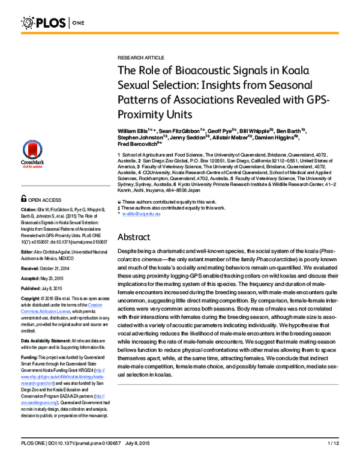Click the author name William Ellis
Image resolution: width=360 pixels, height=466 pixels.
(133, 130)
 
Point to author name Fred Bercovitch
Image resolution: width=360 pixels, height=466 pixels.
(140, 144)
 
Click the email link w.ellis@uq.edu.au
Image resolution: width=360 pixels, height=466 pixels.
(140, 213)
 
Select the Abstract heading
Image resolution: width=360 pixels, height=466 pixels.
(137, 237)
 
